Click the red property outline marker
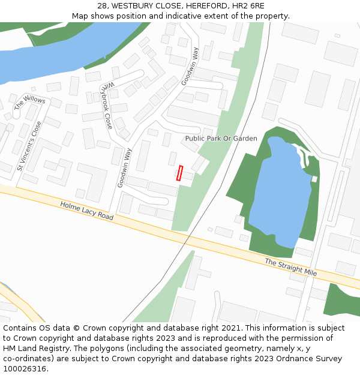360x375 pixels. pos(179,173)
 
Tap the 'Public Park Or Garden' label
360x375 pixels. pos(221,139)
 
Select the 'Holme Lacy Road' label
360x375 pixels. pos(86,211)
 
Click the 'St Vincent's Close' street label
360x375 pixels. pos(29,146)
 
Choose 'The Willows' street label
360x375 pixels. pos(29,103)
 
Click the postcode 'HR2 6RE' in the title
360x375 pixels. pos(249,5)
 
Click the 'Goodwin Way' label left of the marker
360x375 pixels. pos(124,167)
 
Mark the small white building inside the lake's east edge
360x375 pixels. pos(314,179)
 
